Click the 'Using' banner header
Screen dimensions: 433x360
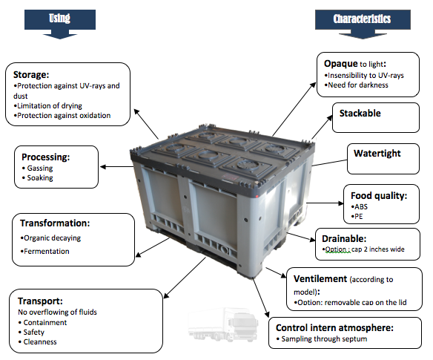59,19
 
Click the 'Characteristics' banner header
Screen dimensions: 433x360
363,19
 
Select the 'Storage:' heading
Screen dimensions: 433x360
31,75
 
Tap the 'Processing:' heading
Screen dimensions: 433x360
46,157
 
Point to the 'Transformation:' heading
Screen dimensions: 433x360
55,223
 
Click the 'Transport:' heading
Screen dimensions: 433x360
40,301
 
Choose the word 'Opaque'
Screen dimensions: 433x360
341,64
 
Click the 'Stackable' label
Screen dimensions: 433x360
360,114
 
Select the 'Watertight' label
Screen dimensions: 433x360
377,154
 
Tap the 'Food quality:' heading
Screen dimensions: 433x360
379,196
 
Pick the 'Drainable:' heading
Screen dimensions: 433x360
344,238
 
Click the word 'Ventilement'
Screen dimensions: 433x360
320,278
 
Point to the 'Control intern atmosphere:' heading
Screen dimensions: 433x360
334,328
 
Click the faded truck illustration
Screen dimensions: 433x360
223,324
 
